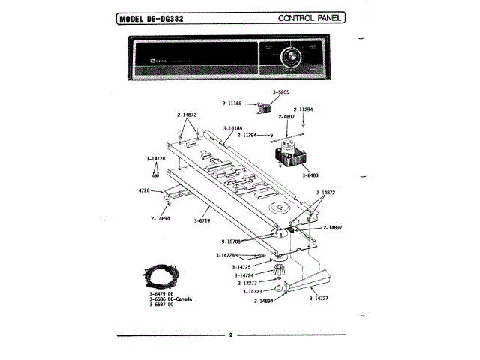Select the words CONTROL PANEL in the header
click(310, 17)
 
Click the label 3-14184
click(233, 129)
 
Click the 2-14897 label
click(333, 227)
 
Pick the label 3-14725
click(241, 266)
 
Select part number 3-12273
click(247, 283)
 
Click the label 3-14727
click(319, 298)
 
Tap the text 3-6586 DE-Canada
click(171, 299)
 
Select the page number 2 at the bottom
click(231, 334)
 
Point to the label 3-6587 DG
click(160, 304)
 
